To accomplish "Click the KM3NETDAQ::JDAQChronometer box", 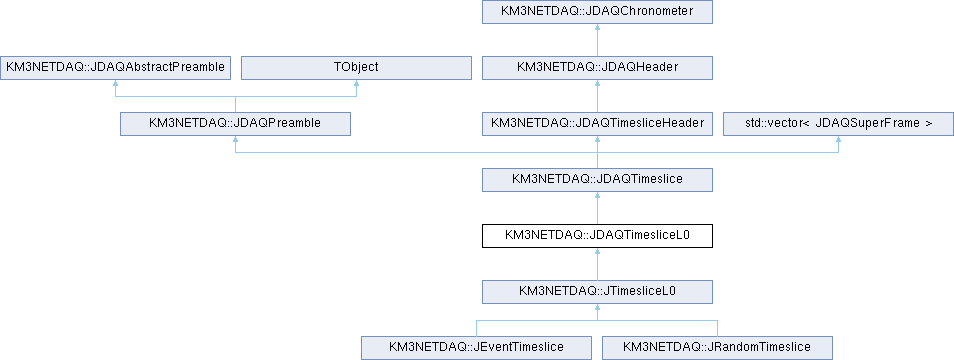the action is point(597,13).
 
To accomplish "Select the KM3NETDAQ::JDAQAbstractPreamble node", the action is point(115,68).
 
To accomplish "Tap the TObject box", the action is point(356,68).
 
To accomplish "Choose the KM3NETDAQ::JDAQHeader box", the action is point(597,68).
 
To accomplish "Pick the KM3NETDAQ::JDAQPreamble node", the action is point(235,123).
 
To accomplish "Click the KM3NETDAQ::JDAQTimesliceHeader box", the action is point(597,123).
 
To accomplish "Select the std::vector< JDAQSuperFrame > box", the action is point(838,123).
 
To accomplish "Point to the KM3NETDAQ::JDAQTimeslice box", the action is point(597,179).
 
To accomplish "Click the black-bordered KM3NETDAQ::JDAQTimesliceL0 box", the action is point(597,235).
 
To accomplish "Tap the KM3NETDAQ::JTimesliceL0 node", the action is point(597,291).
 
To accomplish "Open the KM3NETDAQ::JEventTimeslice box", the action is point(476,347).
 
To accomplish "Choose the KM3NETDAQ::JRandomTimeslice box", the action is point(717,347).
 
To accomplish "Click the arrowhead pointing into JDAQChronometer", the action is point(597,28).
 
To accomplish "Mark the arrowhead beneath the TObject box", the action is point(356,83).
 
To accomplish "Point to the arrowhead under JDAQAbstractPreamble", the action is point(115,83).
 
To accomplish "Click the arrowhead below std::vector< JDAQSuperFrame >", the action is point(838,139).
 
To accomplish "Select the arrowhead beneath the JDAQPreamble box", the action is point(235,139).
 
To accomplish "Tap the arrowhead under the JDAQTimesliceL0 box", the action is point(597,251).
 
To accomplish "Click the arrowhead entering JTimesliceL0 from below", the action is point(597,307).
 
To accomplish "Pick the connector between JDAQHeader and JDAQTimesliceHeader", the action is point(597,96).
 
